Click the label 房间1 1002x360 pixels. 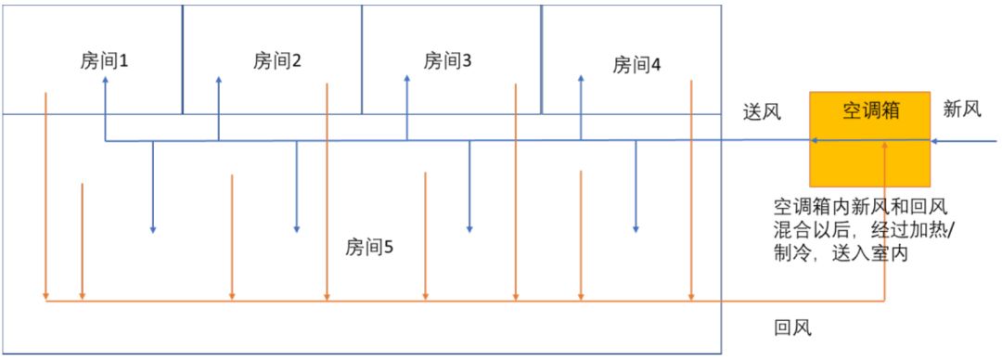point(104,61)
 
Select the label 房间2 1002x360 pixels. point(277,61)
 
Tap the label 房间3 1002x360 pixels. point(448,61)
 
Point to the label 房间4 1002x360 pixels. point(636,65)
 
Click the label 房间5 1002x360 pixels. point(369,247)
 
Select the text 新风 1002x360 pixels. point(961,109)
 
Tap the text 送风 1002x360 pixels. point(762,112)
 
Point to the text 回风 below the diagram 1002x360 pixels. point(792,328)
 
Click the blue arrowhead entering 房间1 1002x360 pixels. point(105,83)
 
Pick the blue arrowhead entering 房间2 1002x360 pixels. point(219,83)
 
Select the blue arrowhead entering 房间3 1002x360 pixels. point(407,83)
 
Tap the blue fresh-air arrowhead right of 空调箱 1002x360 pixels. point(935,141)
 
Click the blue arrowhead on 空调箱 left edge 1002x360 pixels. point(814,141)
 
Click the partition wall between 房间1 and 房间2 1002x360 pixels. point(182,58)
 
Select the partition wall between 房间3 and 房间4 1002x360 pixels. point(542,58)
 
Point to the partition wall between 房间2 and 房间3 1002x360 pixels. point(362,58)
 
